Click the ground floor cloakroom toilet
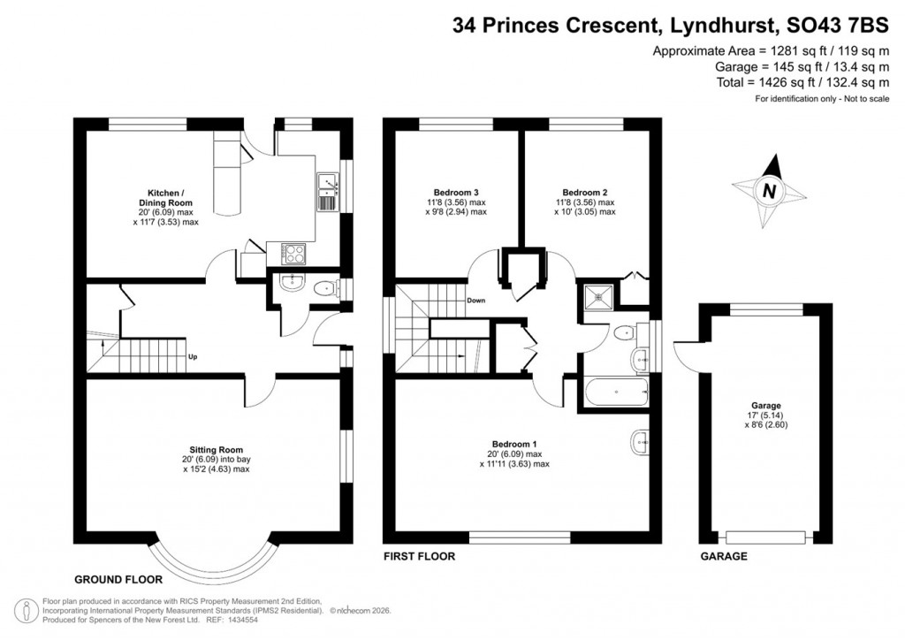click(325, 287)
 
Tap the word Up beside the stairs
click(193, 357)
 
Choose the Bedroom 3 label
click(456, 192)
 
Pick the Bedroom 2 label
click(584, 192)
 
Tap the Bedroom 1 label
click(514, 444)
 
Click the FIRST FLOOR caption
click(419, 557)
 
